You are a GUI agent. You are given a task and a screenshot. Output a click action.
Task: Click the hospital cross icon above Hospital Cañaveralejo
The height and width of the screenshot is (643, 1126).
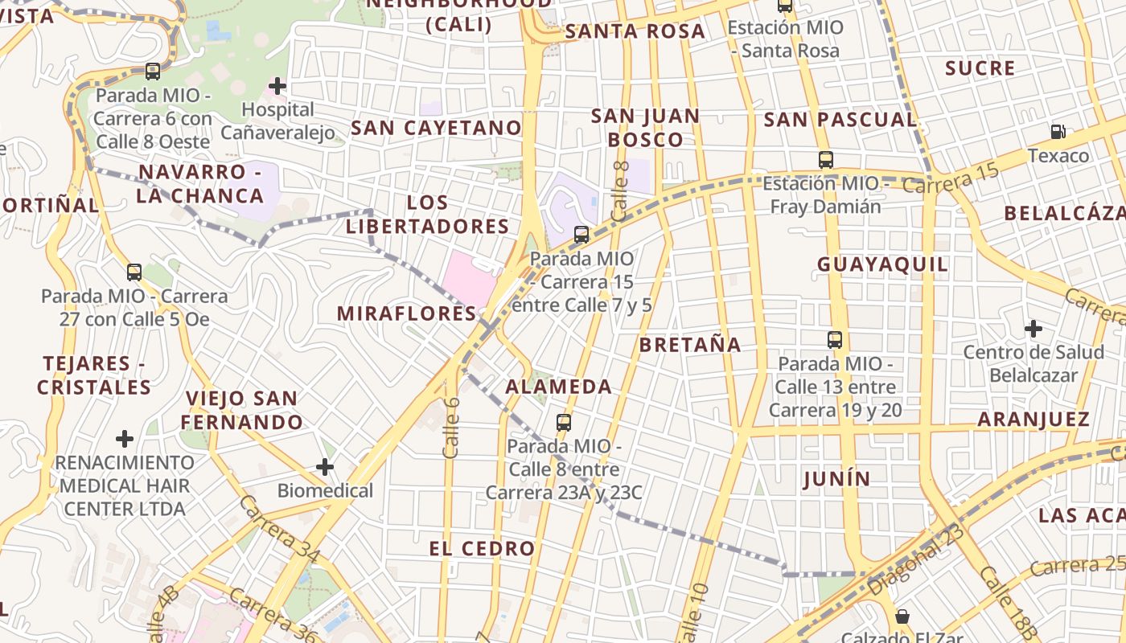pyautogui.click(x=277, y=85)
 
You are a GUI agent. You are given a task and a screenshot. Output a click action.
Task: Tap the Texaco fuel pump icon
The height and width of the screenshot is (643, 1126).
pyautogui.click(x=1058, y=131)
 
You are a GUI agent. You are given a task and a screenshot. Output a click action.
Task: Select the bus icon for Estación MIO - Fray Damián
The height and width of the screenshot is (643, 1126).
pyautogui.click(x=825, y=159)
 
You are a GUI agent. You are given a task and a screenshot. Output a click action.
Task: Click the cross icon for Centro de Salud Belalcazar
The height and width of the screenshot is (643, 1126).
pyautogui.click(x=1034, y=328)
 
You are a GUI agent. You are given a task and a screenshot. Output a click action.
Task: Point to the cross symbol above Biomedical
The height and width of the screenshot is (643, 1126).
pyautogui.click(x=324, y=466)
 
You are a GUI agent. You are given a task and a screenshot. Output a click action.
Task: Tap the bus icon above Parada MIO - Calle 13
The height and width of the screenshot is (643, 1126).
pyautogui.click(x=835, y=339)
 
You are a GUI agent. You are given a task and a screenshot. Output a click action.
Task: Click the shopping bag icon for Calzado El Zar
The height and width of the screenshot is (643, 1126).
pyautogui.click(x=902, y=616)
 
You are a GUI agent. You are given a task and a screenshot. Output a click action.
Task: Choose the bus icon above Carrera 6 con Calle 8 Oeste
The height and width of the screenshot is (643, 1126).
pyautogui.click(x=152, y=72)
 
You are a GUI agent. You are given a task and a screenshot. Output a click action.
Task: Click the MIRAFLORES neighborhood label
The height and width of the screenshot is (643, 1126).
pyautogui.click(x=407, y=313)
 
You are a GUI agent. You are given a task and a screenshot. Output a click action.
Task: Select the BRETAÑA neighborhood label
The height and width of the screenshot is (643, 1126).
pyautogui.click(x=690, y=345)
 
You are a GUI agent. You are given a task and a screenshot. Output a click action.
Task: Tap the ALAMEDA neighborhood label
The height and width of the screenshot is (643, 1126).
pyautogui.click(x=558, y=387)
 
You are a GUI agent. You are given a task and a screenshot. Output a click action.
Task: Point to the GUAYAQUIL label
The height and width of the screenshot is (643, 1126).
pyautogui.click(x=882, y=264)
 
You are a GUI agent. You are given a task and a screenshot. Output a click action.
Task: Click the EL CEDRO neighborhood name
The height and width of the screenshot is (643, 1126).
pyautogui.click(x=482, y=549)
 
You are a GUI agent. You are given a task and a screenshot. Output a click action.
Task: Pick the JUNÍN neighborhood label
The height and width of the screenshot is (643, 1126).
pyautogui.click(x=836, y=480)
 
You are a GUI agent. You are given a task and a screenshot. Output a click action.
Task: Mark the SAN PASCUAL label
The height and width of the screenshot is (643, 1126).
pyautogui.click(x=840, y=121)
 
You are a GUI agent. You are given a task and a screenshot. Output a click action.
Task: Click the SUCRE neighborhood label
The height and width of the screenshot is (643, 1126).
pyautogui.click(x=980, y=68)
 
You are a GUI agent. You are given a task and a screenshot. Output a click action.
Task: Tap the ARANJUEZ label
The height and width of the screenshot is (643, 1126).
pyautogui.click(x=1034, y=419)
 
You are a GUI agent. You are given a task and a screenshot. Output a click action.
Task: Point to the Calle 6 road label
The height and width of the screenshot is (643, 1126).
pyautogui.click(x=451, y=427)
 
